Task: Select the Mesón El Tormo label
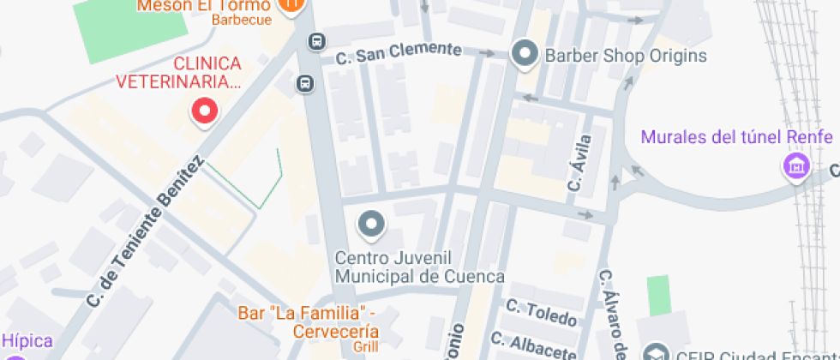pos(204,6)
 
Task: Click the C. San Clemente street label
pos(399,53)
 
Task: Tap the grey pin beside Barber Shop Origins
pos(523,55)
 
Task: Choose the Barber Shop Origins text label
pos(626,57)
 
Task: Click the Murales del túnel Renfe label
pos(736,137)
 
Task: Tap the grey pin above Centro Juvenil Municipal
pos(371,225)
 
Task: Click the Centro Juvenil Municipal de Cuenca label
pos(419,267)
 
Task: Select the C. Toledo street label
pos(541,313)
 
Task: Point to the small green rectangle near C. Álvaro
pos(657,294)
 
